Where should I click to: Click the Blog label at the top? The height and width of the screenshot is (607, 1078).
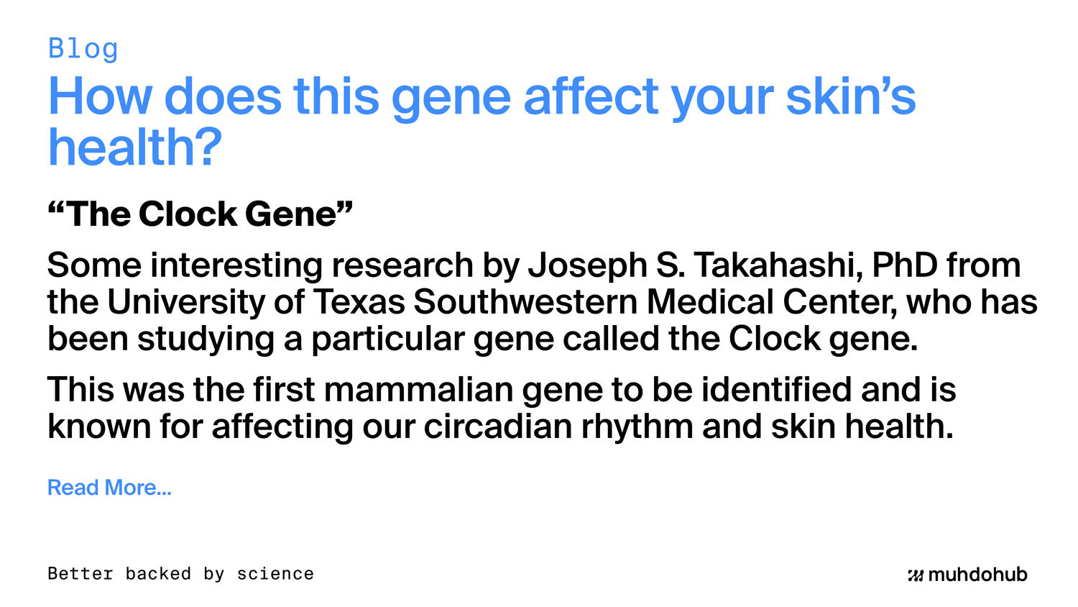pyautogui.click(x=83, y=49)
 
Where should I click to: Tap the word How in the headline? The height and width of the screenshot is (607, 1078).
pyautogui.click(x=100, y=96)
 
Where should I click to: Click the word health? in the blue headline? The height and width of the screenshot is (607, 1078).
pyautogui.click(x=134, y=147)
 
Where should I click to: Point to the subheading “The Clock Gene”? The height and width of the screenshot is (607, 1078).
pyautogui.click(x=200, y=214)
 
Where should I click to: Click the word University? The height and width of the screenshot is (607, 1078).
pyautogui.click(x=186, y=302)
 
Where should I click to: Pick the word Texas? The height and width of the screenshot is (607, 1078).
pyautogui.click(x=359, y=302)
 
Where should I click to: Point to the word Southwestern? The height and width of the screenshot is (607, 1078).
pyautogui.click(x=525, y=302)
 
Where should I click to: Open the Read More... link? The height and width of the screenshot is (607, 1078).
pyautogui.click(x=109, y=488)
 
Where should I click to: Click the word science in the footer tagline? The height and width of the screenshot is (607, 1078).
pyautogui.click(x=275, y=574)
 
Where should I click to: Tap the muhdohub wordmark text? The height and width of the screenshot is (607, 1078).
pyautogui.click(x=977, y=575)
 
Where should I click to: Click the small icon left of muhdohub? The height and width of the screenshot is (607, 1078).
pyautogui.click(x=915, y=575)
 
